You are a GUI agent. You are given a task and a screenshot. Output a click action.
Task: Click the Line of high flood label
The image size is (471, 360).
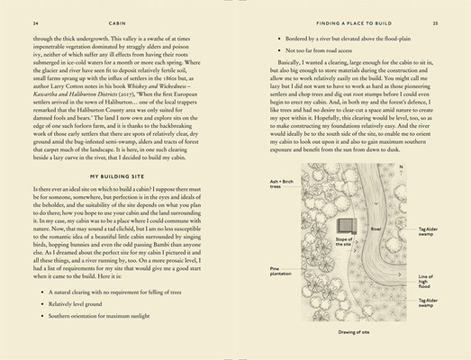click(425, 281)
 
